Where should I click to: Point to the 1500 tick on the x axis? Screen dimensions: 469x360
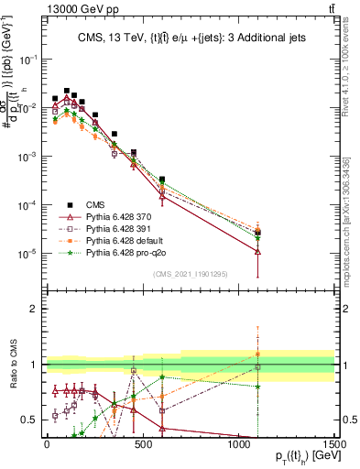335,444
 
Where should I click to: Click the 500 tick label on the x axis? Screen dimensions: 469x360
143,444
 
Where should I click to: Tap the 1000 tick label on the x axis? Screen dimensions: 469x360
239,444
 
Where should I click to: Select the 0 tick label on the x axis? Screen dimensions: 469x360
47,444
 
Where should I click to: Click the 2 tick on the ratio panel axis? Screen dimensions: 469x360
35,309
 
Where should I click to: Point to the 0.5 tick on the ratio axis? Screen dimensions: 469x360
30,420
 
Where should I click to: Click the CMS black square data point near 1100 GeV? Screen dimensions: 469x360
258,232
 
